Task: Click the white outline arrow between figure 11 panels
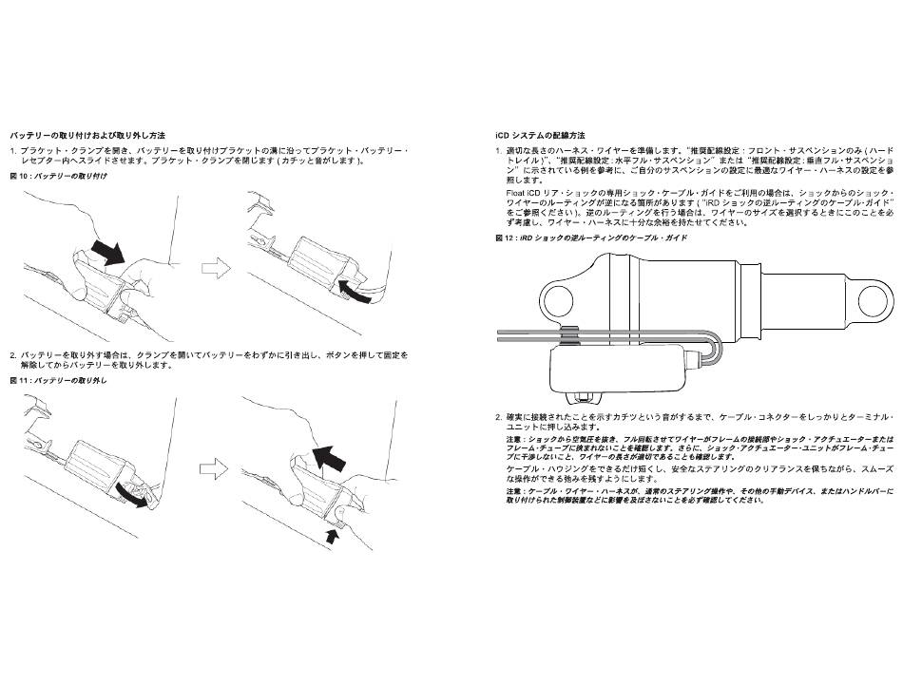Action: click(x=215, y=468)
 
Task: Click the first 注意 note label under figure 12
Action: click(x=514, y=441)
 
